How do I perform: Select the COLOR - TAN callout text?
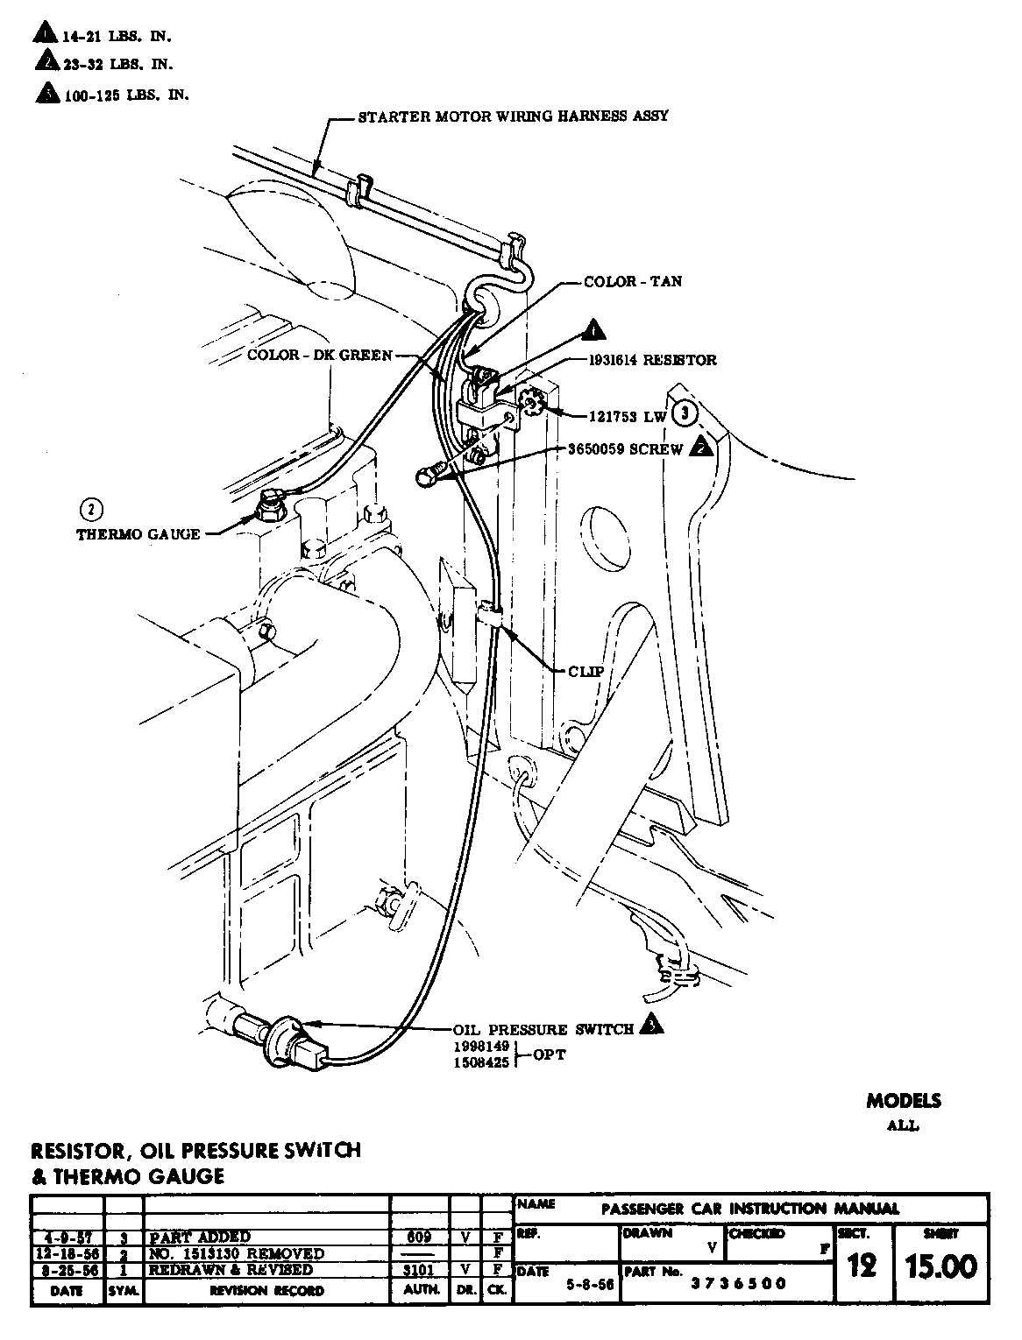click(x=633, y=282)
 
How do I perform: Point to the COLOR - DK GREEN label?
click(x=319, y=355)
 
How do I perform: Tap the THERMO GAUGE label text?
click(x=138, y=533)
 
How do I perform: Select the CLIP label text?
click(x=586, y=671)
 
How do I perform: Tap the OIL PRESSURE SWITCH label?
click(x=543, y=1029)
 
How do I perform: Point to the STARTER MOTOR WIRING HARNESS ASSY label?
click(x=514, y=116)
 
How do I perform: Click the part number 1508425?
click(x=480, y=1061)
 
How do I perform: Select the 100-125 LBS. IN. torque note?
click(x=126, y=95)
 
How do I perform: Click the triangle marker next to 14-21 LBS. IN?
click(x=44, y=34)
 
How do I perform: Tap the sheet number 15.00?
click(x=942, y=1266)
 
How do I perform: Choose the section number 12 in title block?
click(x=862, y=1266)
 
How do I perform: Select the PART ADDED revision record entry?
click(x=200, y=1238)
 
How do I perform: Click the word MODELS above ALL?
click(x=904, y=1101)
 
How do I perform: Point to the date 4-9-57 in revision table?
click(x=67, y=1238)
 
